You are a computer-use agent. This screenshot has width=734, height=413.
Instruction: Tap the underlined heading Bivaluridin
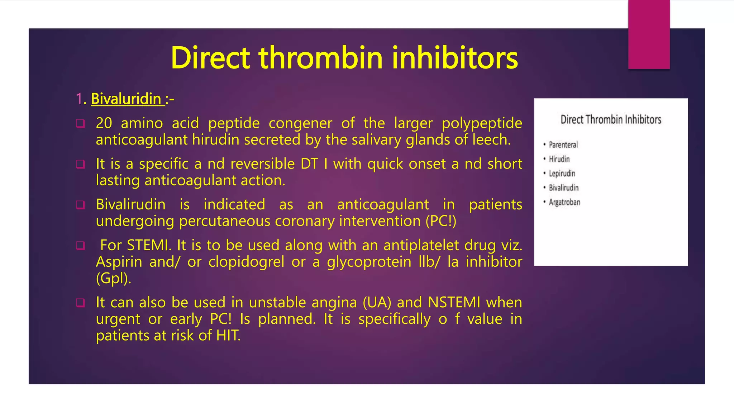click(x=126, y=99)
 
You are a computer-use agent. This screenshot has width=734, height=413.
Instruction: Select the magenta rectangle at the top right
click(x=649, y=34)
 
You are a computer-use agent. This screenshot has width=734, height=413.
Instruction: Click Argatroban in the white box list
click(x=564, y=202)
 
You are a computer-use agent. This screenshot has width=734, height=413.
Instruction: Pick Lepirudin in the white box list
click(x=562, y=174)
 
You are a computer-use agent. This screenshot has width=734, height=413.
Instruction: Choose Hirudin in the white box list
click(x=559, y=159)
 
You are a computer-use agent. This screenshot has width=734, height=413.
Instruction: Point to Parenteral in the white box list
click(x=563, y=145)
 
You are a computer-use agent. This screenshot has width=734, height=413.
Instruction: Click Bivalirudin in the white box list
click(x=563, y=188)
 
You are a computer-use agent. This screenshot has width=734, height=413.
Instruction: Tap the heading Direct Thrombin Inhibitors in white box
click(x=611, y=119)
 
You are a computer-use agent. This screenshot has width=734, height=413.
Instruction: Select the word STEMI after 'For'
click(x=147, y=245)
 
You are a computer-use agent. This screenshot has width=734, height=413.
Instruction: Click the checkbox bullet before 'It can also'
click(x=80, y=303)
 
